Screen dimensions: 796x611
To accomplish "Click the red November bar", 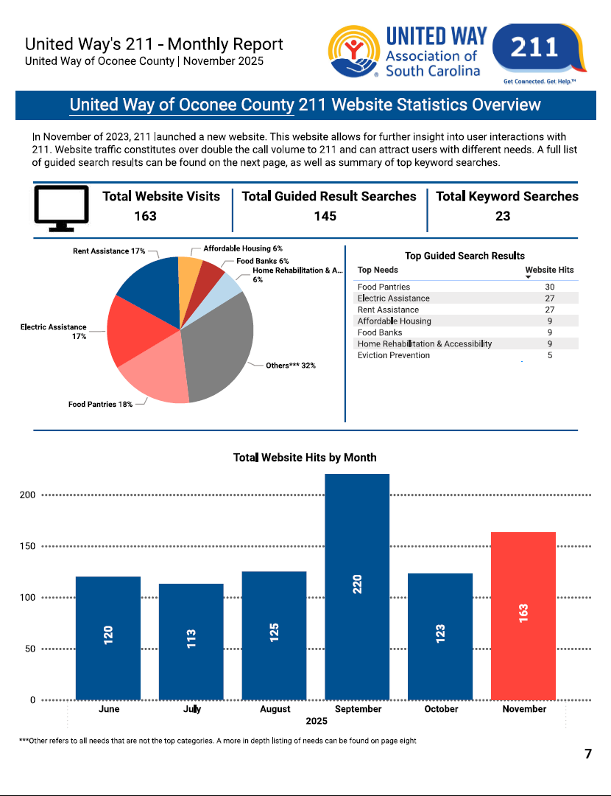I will [523, 615].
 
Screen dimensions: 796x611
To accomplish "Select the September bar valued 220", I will [357, 586].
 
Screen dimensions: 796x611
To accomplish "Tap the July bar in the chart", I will [191, 641].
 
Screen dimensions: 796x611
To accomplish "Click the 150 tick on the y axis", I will [27, 546].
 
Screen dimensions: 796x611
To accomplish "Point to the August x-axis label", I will [275, 709].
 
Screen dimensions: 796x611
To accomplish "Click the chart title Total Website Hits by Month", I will [305, 458].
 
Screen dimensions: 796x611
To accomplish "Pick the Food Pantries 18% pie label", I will [100, 404].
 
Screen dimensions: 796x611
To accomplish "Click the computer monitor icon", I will [62, 208].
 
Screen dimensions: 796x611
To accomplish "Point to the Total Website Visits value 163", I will [145, 216].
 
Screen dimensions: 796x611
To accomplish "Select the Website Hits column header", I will [549, 270].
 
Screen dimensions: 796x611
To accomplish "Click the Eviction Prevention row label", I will [393, 355].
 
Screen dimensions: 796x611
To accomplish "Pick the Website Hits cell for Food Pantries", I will [549, 287].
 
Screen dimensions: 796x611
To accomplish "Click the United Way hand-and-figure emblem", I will [355, 52].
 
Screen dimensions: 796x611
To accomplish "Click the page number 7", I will [587, 754].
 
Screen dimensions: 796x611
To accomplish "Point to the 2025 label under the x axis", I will [317, 721].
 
